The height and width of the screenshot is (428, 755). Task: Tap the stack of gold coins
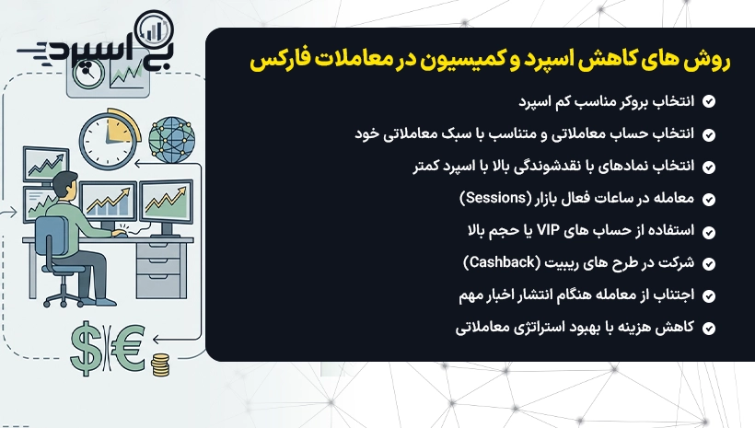click(160, 364)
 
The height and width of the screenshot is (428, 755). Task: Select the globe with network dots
click(172, 140)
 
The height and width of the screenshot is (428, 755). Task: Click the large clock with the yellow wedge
click(110, 139)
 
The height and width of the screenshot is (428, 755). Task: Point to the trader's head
click(65, 186)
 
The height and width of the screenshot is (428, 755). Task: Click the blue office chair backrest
click(52, 239)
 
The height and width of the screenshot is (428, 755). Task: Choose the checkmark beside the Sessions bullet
click(708, 200)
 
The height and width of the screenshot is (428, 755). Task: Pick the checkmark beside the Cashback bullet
click(708, 264)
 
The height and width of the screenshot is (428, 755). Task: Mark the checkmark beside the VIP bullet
click(708, 232)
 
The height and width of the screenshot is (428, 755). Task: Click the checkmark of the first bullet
click(708, 101)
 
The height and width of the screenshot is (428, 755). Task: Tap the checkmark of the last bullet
click(708, 329)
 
